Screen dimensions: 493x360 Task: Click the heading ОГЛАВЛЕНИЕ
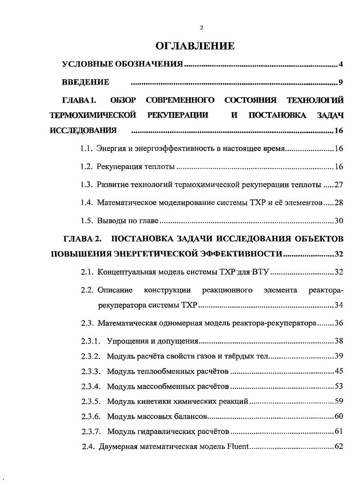pos(195,46)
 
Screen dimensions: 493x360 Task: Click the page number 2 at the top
pos(201,28)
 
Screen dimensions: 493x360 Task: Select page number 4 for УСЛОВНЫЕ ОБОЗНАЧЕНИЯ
pos(341,65)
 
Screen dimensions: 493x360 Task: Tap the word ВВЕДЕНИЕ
pos(86,82)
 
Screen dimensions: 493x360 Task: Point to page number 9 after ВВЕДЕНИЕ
pos(341,82)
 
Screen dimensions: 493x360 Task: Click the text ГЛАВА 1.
pos(78,100)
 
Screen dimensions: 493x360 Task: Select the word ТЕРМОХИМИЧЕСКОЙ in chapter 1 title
pos(93,115)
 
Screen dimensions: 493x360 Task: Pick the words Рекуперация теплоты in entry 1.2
pos(136,167)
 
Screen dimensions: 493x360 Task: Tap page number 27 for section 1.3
pos(339,185)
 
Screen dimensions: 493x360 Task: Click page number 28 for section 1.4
pos(339,203)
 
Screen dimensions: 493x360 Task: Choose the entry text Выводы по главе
pos(128,221)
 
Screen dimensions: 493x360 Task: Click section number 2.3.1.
pos(91,341)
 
